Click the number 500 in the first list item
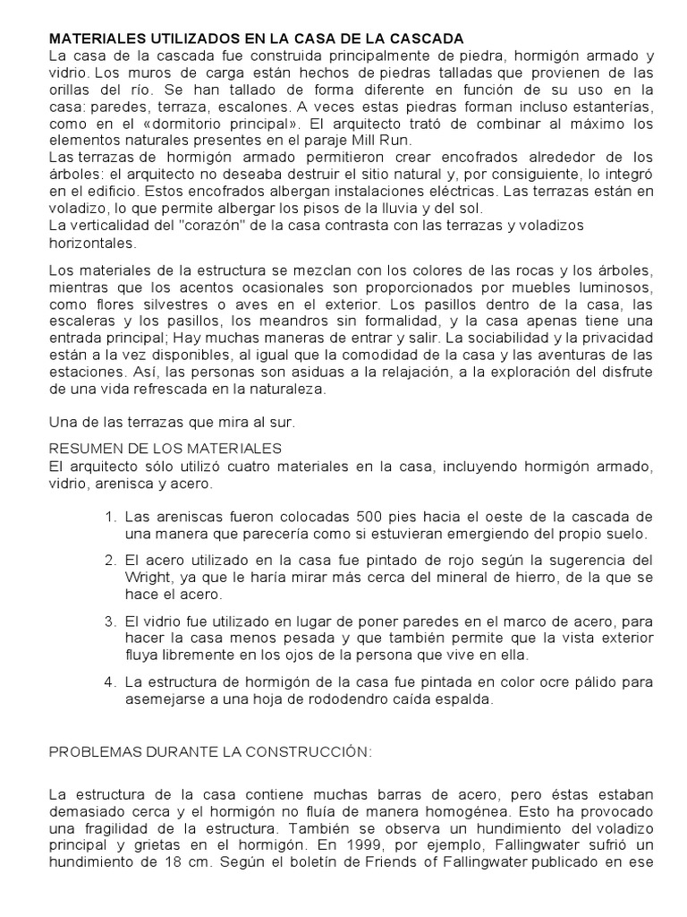pos(370,518)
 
